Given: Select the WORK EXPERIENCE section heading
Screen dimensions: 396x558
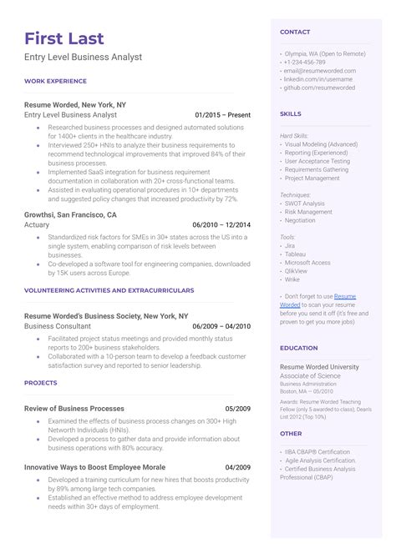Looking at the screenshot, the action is point(55,81).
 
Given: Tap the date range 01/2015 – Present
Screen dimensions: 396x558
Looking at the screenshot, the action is point(222,114).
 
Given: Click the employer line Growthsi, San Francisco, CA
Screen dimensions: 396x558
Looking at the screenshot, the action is point(70,214).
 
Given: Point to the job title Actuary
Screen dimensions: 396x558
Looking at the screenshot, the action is point(38,224).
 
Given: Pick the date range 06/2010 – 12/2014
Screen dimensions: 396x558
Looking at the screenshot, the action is point(221,224).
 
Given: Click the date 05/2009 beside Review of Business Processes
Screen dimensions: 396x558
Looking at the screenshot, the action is point(238,409).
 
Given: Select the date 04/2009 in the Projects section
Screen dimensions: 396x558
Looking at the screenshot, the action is point(238,467).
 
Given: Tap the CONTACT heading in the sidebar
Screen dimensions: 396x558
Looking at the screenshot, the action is point(295,32).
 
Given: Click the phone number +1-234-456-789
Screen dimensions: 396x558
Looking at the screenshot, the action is point(305,63).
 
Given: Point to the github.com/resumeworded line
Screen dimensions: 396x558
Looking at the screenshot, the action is point(319,88).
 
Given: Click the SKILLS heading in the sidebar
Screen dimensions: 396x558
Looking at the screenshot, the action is point(291,113).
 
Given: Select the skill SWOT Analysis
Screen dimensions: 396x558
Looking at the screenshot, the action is point(304,203).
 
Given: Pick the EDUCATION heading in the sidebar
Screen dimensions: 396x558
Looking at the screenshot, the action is point(298,348).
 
